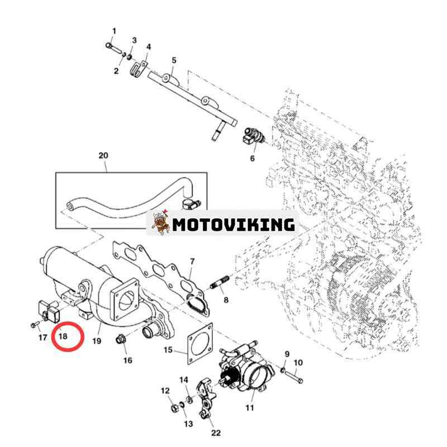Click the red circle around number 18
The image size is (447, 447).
tap(53, 336)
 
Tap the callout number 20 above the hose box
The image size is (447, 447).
tap(103, 156)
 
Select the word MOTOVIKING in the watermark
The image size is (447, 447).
tap(234, 225)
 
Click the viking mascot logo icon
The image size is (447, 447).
tap(161, 222)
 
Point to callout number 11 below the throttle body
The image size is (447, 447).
tap(250, 408)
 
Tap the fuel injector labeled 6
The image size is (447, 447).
tap(254, 136)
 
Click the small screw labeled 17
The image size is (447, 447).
tap(36, 325)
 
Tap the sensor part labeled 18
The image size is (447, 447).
tap(49, 311)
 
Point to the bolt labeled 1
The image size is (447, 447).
tap(113, 47)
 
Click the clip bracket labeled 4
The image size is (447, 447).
tap(139, 69)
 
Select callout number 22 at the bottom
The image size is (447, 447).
tap(216, 433)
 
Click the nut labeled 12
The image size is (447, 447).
tap(173, 408)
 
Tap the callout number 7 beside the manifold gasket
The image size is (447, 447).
tap(192, 261)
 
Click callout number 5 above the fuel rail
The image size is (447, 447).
tap(174, 60)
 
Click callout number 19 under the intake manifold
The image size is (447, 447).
tap(97, 341)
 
